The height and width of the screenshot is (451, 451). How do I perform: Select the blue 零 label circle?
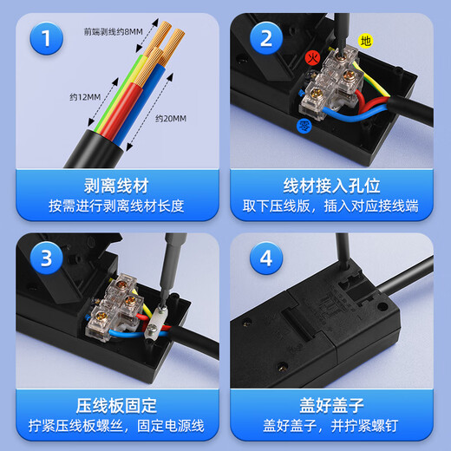tap(304, 126)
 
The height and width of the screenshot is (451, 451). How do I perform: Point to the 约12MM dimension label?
tap(84, 96)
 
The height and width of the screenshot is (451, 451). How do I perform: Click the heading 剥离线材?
tap(113, 186)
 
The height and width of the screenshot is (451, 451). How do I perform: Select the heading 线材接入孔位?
tap(334, 186)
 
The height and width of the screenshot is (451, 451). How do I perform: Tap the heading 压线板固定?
tap(113, 405)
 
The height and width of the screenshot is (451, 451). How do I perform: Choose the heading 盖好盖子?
tap(334, 405)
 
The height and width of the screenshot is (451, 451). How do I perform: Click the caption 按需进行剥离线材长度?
tap(113, 208)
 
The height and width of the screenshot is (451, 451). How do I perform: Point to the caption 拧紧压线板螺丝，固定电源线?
tap(113, 427)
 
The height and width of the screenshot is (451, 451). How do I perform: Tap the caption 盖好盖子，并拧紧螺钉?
tap(334, 427)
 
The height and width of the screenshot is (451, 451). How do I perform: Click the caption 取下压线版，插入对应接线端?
tap(334, 208)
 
